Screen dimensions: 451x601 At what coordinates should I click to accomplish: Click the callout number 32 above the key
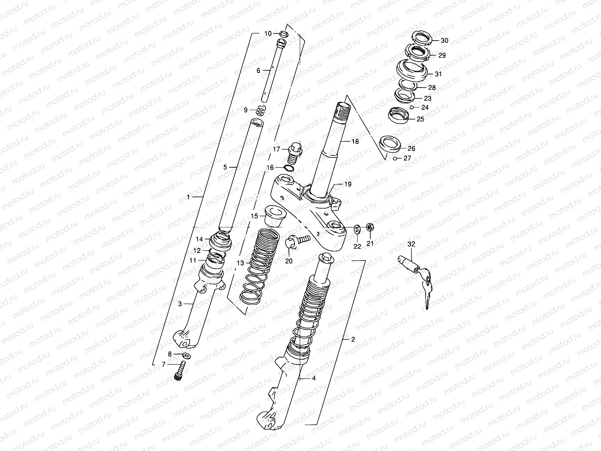(411, 244)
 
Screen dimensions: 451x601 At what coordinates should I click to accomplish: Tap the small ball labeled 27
(395, 159)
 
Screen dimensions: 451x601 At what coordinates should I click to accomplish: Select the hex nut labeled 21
(370, 227)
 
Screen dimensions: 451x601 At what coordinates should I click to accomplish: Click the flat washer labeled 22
(356, 228)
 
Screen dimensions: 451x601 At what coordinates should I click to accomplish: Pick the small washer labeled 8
(186, 355)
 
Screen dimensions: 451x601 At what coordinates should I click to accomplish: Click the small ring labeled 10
(284, 34)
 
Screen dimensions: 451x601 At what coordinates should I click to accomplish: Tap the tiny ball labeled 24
(412, 107)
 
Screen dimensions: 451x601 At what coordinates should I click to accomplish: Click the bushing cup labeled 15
(275, 214)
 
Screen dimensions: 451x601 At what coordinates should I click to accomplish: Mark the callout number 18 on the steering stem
(355, 141)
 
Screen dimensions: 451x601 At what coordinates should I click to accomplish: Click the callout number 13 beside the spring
(240, 263)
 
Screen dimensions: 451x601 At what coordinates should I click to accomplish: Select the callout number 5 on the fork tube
(225, 167)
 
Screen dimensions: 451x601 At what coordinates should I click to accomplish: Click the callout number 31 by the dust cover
(438, 74)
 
